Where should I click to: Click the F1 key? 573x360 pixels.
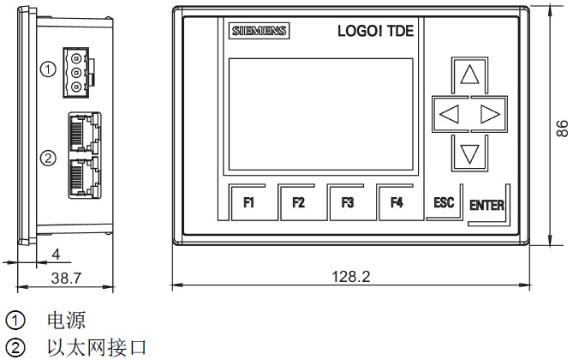(249, 203)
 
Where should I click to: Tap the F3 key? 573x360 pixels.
(348, 203)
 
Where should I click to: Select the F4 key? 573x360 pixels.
(397, 203)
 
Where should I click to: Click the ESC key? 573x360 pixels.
(444, 202)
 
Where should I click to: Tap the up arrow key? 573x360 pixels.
(469, 75)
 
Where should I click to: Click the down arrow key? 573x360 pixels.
(469, 154)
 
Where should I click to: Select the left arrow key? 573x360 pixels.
(448, 113)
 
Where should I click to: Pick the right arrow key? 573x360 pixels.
(489, 113)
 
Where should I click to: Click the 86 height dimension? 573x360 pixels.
(562, 128)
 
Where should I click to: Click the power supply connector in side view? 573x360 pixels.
(78, 74)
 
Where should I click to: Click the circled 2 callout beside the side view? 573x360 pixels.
(49, 157)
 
